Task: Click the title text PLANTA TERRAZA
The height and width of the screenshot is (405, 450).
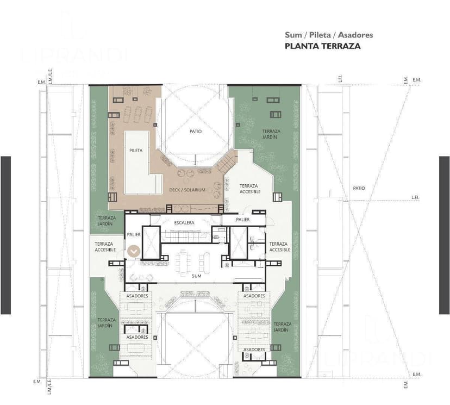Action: [x=322, y=46]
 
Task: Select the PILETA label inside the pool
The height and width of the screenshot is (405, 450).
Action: [x=136, y=151]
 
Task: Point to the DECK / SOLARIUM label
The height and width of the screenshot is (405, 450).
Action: [x=187, y=190]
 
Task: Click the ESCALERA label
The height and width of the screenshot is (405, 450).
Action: [x=184, y=223]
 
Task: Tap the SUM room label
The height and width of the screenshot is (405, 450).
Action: [x=196, y=276]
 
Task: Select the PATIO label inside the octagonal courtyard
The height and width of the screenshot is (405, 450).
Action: [x=196, y=131]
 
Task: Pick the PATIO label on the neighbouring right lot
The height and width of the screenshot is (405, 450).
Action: [x=359, y=188]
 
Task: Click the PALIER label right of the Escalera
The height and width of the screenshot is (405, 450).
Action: [x=243, y=220]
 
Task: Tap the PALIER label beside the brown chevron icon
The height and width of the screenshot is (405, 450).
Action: [x=134, y=235]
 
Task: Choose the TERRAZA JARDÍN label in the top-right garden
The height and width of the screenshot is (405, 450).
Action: [x=271, y=134]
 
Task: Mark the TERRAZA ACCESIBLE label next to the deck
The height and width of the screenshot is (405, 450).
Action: [x=250, y=189]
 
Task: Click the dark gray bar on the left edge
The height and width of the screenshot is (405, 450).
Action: [x=5, y=235]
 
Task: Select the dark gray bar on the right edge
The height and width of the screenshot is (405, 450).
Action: [x=444, y=235]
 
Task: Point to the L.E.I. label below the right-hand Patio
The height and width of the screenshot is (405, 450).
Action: [x=415, y=198]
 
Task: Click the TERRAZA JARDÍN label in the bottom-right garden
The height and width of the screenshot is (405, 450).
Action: [x=282, y=327]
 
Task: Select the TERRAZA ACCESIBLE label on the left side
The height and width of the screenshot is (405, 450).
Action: [x=105, y=247]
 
